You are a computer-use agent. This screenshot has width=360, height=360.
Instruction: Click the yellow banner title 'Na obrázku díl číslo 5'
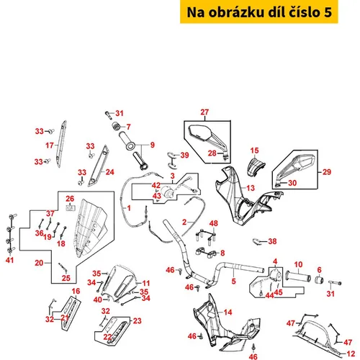point(259,12)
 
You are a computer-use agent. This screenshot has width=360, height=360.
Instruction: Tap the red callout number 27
point(204,112)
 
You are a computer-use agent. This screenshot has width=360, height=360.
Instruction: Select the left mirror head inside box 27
point(200,132)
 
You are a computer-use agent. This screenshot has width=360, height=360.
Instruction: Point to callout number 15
point(254,150)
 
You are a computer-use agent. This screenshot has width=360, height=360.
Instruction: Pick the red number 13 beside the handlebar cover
point(251,188)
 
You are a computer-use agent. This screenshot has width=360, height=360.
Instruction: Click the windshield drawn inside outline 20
point(90,228)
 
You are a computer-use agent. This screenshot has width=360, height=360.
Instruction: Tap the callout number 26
point(70,199)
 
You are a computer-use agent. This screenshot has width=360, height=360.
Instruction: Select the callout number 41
point(9,260)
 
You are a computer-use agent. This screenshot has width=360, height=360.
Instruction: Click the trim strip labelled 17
point(61,143)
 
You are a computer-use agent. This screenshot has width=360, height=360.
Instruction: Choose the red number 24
point(110,172)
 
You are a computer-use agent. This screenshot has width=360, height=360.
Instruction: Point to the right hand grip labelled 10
point(297,276)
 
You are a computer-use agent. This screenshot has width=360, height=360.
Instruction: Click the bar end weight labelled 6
point(319,280)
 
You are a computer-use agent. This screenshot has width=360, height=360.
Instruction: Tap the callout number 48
point(214,223)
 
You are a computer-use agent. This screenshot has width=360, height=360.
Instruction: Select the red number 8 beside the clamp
point(222,253)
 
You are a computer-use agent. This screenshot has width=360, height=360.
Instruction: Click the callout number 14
point(228,312)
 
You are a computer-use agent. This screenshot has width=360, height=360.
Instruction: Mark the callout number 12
point(351,354)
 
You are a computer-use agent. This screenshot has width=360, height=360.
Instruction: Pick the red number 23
point(137,321)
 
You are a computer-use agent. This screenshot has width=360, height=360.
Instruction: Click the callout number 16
point(76,291)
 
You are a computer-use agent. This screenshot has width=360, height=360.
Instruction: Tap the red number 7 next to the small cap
point(129,127)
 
